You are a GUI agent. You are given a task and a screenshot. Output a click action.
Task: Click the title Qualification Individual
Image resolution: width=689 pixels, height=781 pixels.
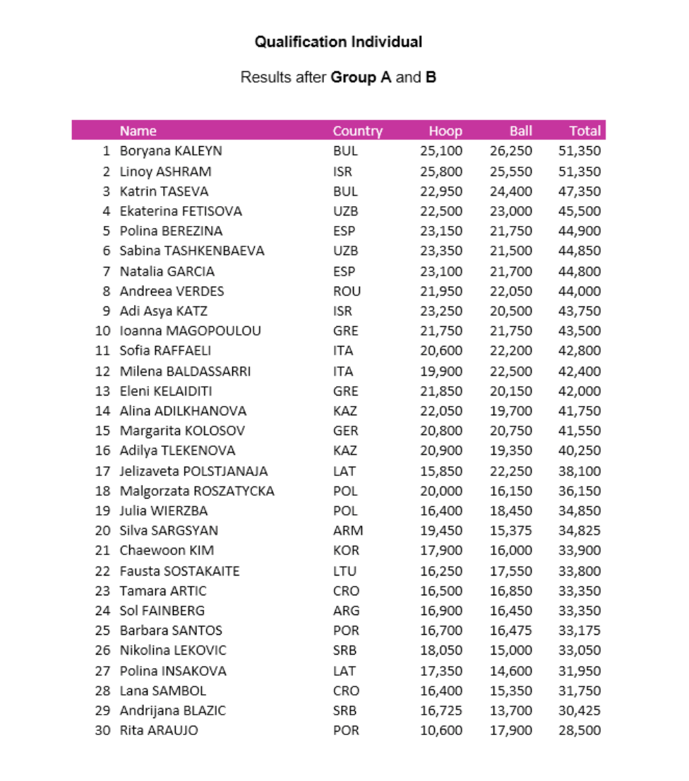click(338, 42)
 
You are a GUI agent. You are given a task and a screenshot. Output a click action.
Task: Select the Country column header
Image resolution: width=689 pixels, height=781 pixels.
click(357, 131)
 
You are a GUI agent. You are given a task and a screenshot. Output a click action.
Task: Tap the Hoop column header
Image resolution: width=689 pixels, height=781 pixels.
click(445, 131)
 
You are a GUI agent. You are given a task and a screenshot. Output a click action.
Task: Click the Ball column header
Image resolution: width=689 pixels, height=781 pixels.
click(520, 131)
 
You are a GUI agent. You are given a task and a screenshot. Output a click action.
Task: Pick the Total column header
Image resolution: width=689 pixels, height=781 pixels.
click(585, 131)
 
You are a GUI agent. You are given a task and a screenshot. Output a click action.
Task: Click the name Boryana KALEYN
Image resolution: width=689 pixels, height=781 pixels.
click(171, 151)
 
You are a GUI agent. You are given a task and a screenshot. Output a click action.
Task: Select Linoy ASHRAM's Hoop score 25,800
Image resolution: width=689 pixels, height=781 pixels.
click(441, 172)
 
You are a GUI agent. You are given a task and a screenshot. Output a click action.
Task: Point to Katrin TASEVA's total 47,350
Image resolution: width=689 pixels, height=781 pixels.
click(580, 191)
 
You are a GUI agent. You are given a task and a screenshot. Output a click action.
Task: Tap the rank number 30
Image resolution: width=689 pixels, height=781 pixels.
click(103, 731)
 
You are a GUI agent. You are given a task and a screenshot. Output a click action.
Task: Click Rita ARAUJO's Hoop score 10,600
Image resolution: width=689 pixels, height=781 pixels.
click(441, 731)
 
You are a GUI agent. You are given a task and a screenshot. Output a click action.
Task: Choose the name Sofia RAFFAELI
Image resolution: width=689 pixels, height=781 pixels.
click(165, 351)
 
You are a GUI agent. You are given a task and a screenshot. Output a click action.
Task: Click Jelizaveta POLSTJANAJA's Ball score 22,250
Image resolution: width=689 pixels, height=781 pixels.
click(511, 471)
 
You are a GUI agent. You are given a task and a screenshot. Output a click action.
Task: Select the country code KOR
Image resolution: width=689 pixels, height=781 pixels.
click(345, 551)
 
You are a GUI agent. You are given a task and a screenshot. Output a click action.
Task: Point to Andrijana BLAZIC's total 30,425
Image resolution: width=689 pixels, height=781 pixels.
click(580, 711)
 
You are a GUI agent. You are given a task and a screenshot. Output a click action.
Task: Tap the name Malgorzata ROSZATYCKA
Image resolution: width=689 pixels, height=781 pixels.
click(197, 491)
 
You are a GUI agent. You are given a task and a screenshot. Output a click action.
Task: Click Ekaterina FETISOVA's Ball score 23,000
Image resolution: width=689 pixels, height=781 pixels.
click(511, 211)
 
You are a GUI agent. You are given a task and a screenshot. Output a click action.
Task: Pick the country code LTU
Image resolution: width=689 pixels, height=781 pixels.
click(344, 571)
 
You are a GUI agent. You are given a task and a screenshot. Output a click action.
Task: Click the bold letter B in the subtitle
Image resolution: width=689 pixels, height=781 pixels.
click(431, 77)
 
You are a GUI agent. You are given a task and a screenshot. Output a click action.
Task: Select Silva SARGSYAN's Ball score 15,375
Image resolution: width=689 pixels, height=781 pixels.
click(511, 531)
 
